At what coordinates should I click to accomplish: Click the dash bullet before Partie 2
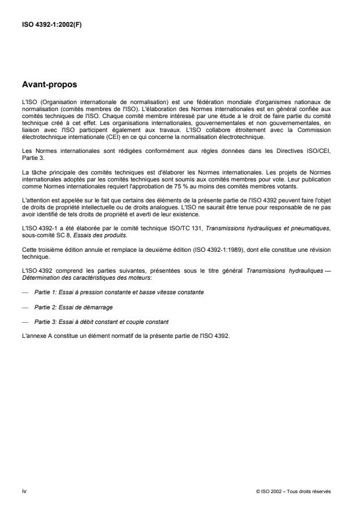24,306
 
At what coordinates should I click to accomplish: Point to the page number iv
24,491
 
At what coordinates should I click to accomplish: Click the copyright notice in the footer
293,492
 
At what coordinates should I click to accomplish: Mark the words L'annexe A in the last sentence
34,335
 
